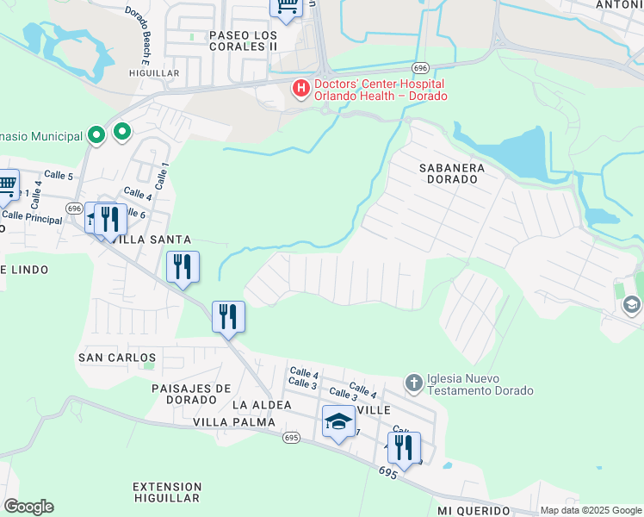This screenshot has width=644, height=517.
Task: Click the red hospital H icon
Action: (x=301, y=88)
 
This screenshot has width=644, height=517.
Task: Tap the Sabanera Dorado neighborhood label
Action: (x=452, y=173)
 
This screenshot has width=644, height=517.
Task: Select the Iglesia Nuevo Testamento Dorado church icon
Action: (x=413, y=383)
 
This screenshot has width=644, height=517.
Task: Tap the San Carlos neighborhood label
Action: (x=117, y=357)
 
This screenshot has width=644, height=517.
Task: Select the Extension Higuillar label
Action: (x=168, y=492)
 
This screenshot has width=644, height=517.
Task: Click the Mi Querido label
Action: (x=473, y=511)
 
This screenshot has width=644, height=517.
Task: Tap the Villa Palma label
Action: (x=234, y=422)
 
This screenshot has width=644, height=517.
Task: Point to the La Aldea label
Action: (x=262, y=404)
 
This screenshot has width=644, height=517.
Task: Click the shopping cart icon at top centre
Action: (x=287, y=6)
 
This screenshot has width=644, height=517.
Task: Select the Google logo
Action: (x=28, y=507)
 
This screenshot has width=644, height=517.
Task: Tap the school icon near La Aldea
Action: (x=338, y=421)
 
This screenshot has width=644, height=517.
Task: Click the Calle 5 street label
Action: (x=59, y=175)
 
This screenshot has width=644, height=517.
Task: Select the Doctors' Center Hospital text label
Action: (x=380, y=90)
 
